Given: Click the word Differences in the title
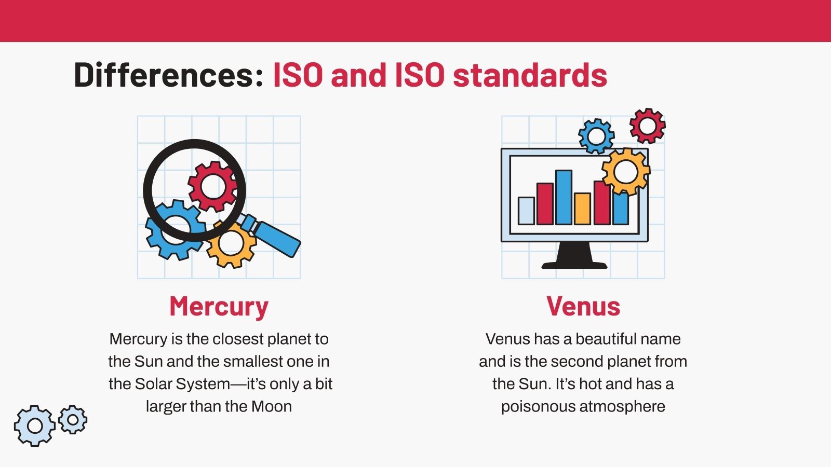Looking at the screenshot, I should (x=168, y=75).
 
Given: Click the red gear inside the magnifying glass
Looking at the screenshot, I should (x=212, y=186).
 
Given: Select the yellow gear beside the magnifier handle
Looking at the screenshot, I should (x=232, y=243).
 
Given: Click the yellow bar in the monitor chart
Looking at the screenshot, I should (x=582, y=209).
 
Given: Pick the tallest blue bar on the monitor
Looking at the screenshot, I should (x=564, y=197).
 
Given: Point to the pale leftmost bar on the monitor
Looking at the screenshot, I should (x=526, y=211).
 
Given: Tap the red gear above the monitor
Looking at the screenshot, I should (x=647, y=126).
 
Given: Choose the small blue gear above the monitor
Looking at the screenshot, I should (x=596, y=136).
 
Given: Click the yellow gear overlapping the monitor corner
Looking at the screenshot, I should (x=625, y=172).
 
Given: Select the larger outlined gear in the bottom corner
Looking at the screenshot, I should (x=35, y=425).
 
